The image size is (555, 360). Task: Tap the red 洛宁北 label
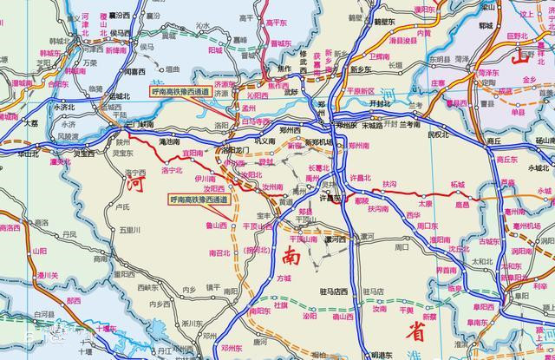(x=172, y=171)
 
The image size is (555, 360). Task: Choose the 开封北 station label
(x=378, y=101)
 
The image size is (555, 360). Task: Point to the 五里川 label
(x=129, y=230)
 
